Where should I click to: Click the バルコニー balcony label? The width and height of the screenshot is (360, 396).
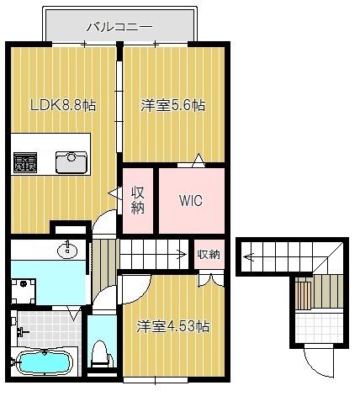(x=119, y=26)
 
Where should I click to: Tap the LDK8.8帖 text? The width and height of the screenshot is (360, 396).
(x=63, y=106)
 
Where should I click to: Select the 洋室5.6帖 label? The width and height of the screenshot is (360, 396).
(x=172, y=106)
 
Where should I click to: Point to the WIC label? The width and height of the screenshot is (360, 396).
(x=190, y=201)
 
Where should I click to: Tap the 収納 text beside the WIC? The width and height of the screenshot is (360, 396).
(x=139, y=201)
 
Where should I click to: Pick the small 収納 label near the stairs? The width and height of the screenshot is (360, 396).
(x=209, y=254)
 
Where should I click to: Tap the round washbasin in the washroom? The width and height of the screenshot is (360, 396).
(x=66, y=250)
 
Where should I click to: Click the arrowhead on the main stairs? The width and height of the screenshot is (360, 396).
(x=183, y=254)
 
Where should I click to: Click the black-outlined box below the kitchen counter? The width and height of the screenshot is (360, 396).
(x=70, y=228)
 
